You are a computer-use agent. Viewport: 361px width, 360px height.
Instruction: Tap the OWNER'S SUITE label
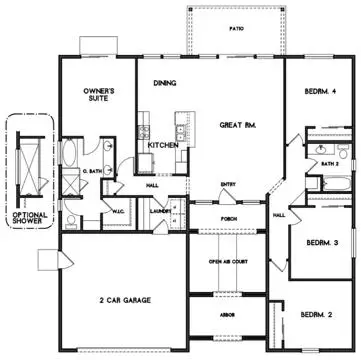(101, 96)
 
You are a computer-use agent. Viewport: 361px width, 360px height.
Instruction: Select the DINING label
(165, 84)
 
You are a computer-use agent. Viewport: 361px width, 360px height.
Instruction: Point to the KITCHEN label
(163, 145)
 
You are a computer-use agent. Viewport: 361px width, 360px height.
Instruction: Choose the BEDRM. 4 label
(321, 93)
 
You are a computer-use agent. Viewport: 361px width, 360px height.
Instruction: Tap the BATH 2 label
(328, 162)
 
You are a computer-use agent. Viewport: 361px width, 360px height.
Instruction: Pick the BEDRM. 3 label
(320, 243)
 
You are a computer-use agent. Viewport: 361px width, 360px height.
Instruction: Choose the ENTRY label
(228, 182)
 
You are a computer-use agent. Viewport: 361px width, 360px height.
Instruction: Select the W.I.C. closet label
(116, 210)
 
